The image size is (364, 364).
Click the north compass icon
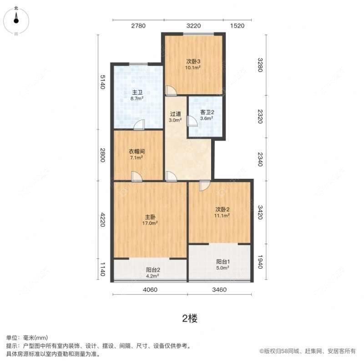(16, 18)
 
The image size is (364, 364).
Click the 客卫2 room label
(207, 112)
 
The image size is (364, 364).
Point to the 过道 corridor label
(176, 114)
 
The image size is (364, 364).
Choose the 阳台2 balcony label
(153, 269)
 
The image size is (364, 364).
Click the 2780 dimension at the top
(138, 26)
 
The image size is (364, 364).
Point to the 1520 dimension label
(238, 26)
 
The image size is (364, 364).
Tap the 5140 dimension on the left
(103, 82)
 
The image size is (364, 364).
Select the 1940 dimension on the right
(260, 262)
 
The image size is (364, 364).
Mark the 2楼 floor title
(190, 318)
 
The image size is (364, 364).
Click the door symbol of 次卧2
(204, 186)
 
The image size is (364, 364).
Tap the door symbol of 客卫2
(192, 121)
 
